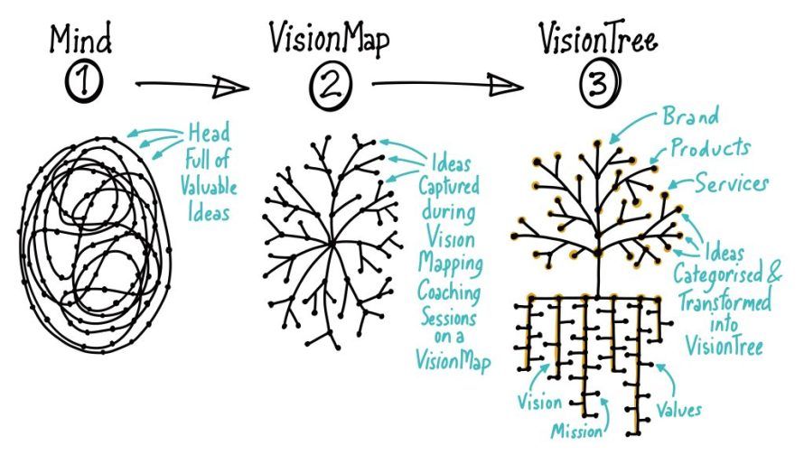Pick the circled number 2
pos(326,87)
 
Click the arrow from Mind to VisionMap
pos(192,87)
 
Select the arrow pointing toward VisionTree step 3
pos(446,87)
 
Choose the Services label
pos(732,182)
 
